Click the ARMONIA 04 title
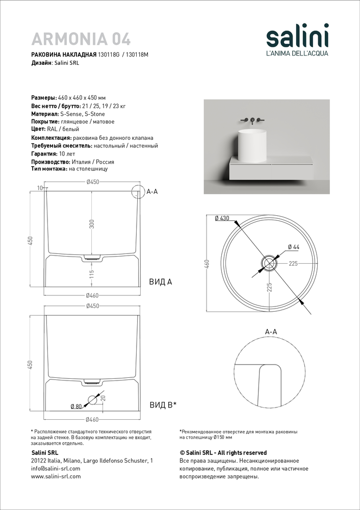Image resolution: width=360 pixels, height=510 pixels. point(81,39)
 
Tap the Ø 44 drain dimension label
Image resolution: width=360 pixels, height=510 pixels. point(293,247)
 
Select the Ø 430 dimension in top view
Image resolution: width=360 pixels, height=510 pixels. point(222,218)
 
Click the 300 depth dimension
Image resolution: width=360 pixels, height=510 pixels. point(92,224)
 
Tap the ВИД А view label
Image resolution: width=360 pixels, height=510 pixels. point(160,282)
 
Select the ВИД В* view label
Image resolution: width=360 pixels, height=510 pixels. point(163,405)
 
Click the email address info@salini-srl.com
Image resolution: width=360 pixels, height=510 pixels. point(56,468)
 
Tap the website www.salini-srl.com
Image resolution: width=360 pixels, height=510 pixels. point(56,476)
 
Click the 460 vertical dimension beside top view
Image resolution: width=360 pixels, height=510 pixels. point(207,263)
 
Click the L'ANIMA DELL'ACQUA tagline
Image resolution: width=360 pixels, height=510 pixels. point(298,53)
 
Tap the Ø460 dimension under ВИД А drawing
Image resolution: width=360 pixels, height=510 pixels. point(92,295)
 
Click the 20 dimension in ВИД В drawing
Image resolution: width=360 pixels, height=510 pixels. point(103,398)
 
